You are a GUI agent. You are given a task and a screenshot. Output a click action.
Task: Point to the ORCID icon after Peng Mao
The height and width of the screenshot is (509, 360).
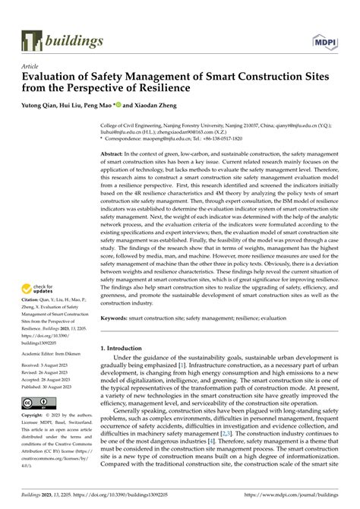pos(118,105)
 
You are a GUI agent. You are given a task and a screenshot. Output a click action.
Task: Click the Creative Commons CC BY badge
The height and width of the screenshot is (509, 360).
pos(36,401)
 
